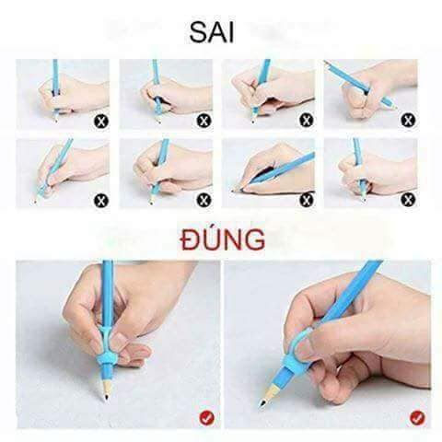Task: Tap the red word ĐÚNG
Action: click(222, 242)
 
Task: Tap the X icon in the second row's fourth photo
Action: click(406, 198)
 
